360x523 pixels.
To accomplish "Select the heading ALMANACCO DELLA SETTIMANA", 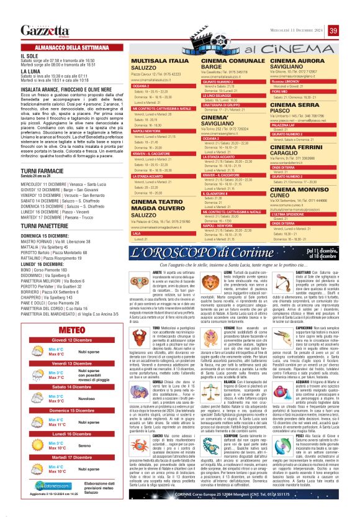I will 60,48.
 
